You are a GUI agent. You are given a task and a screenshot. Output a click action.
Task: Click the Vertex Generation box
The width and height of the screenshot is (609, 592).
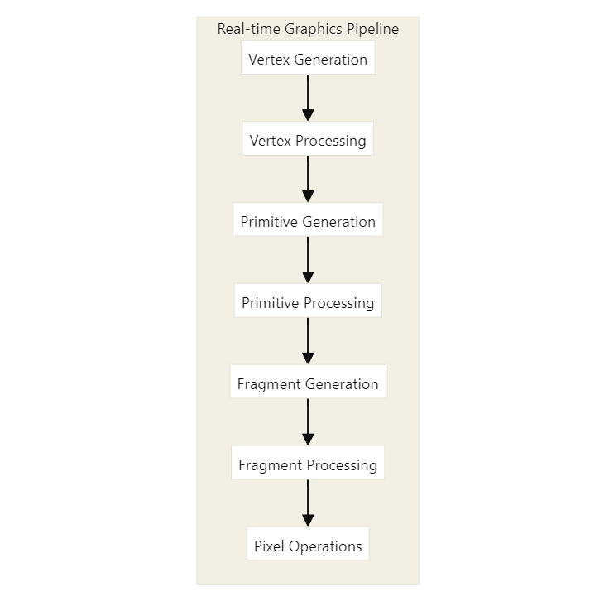pyautogui.click(x=308, y=57)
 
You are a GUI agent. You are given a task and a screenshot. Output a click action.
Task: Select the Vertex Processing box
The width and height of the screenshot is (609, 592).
pyautogui.click(x=308, y=138)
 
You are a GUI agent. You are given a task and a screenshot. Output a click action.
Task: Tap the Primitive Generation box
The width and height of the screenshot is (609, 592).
pyautogui.click(x=308, y=219)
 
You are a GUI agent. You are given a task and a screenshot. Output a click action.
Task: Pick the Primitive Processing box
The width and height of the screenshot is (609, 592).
pyautogui.click(x=308, y=301)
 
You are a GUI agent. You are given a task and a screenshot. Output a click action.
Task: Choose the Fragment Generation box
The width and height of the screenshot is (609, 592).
pyautogui.click(x=308, y=382)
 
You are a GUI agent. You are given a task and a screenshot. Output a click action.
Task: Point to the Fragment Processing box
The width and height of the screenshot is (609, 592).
pyautogui.click(x=308, y=463)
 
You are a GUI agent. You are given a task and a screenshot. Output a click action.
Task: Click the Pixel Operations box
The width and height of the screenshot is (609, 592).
pyautogui.click(x=308, y=543)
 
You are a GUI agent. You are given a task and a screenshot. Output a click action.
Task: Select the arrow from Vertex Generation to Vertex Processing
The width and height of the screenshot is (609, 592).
pyautogui.click(x=308, y=98)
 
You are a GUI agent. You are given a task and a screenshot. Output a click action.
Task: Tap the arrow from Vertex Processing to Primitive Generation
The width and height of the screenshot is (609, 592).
pyautogui.click(x=308, y=179)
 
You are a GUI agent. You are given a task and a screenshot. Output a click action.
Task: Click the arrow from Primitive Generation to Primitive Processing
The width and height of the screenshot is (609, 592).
pyautogui.click(x=308, y=260)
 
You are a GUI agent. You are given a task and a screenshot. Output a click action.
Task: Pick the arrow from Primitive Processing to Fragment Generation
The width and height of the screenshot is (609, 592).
pyautogui.click(x=308, y=341)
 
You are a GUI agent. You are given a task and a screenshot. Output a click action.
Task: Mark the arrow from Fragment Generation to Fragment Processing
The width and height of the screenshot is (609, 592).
pyautogui.click(x=308, y=422)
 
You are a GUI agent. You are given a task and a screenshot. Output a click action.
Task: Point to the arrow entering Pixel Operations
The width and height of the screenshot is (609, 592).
pyautogui.click(x=308, y=503)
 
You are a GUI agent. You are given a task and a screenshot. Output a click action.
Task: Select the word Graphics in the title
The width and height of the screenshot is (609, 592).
pyautogui.click(x=314, y=29)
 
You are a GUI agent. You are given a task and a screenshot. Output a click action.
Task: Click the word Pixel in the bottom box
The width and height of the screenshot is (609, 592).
pyautogui.click(x=269, y=546)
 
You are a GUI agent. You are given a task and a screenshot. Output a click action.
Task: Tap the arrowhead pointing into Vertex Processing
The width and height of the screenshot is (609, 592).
pyautogui.click(x=308, y=115)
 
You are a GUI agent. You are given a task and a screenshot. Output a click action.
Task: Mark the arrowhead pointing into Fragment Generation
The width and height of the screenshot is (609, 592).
pyautogui.click(x=308, y=359)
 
